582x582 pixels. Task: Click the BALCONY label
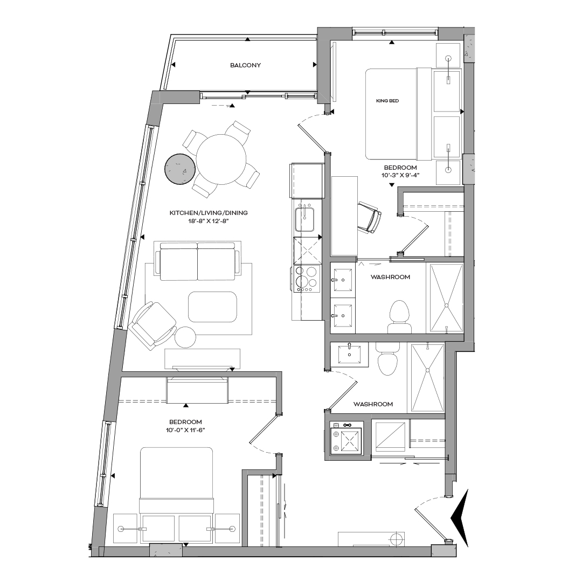pos(245,65)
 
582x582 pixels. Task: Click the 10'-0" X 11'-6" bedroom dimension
pos(185,430)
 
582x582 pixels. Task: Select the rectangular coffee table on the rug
pos(212,307)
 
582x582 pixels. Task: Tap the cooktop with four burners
pos(306,279)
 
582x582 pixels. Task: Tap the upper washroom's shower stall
pos(445,298)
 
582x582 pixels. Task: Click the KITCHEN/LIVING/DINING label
pos(209,213)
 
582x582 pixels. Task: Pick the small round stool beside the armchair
pos(186,337)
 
